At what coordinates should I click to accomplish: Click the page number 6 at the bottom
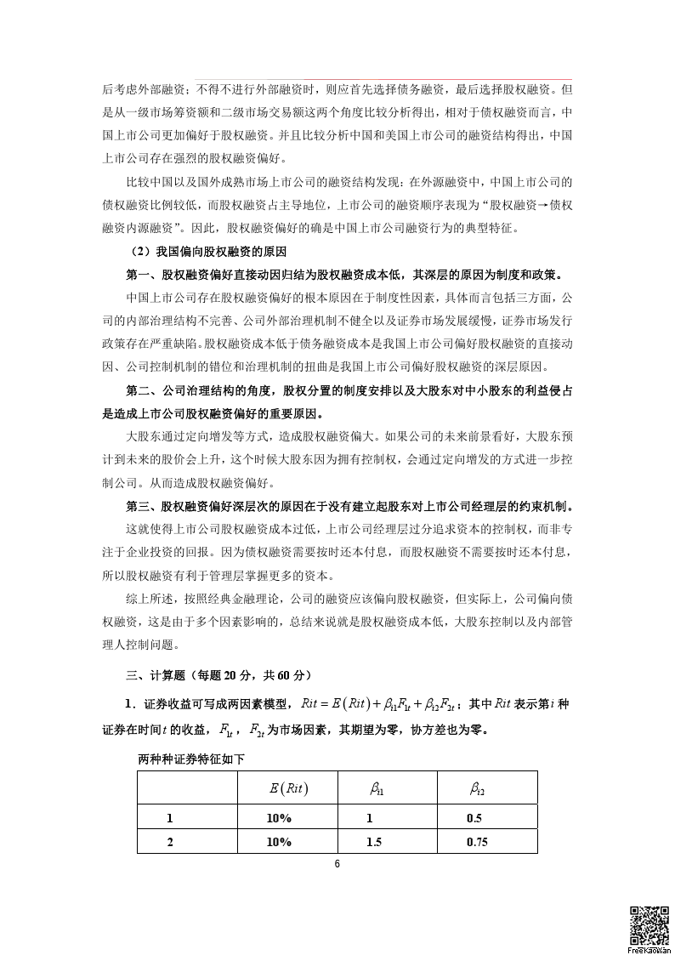click(x=337, y=864)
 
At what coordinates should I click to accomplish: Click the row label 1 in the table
click(x=170, y=818)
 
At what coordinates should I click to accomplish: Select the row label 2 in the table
click(x=170, y=842)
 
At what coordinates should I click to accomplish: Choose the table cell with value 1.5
click(x=374, y=842)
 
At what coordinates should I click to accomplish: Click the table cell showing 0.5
click(x=474, y=818)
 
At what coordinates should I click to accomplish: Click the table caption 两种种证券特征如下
click(x=190, y=759)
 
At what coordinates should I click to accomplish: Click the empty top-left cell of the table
click(x=187, y=787)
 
